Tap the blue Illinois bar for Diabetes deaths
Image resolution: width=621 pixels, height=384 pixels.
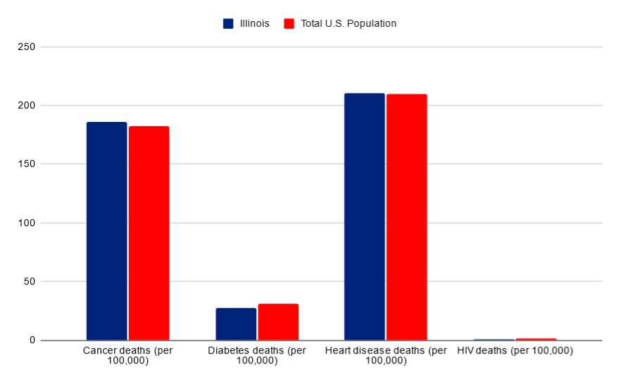point(236,324)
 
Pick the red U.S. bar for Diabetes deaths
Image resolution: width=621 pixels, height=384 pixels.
point(278,322)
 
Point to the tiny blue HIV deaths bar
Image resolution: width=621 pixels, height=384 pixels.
point(494,340)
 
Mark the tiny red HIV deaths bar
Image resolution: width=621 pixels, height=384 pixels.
point(536,339)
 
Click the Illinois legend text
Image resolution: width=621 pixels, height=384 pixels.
point(253,23)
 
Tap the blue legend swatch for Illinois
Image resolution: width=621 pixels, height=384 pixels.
point(228,23)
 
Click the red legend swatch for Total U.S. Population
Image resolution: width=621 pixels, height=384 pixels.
point(289,23)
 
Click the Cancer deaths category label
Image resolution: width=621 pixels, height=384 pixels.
point(127,355)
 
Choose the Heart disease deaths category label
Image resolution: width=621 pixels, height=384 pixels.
point(386,355)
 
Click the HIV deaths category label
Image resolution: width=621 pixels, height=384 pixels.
point(515,350)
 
